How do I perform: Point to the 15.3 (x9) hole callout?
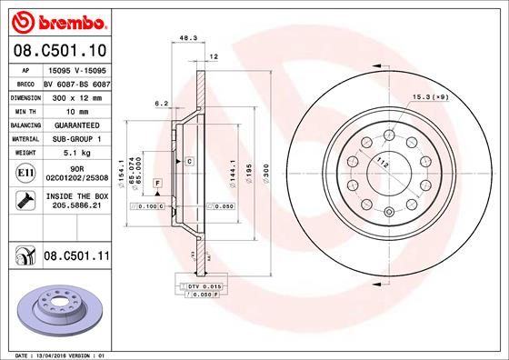click(x=431, y=96)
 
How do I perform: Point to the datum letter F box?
click(x=158, y=184)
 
